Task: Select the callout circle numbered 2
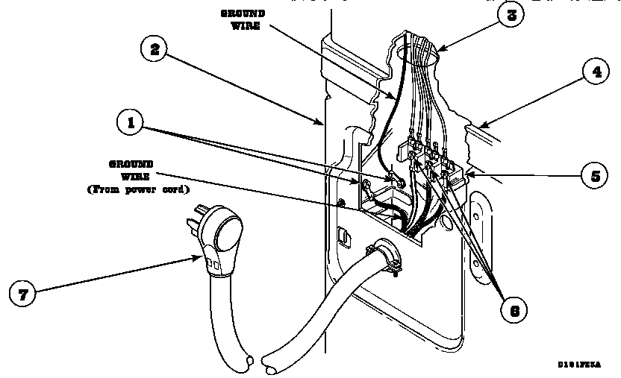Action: coord(155,49)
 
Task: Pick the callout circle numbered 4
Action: coord(596,73)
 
